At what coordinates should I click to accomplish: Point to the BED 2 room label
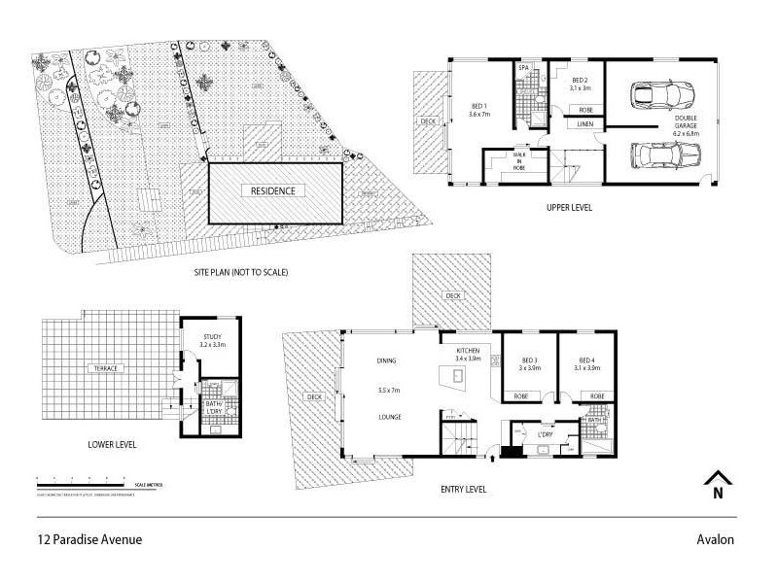581,84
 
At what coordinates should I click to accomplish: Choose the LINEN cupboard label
584,124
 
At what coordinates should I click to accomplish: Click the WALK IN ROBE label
521,160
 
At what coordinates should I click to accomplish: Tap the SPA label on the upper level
524,67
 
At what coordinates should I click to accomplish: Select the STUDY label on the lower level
212,340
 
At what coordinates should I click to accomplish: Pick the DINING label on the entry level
387,360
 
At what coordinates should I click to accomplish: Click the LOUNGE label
390,417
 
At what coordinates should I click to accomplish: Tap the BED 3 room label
529,363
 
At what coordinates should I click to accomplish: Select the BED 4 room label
584,363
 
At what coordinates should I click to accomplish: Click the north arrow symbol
718,484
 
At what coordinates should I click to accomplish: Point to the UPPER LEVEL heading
569,207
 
